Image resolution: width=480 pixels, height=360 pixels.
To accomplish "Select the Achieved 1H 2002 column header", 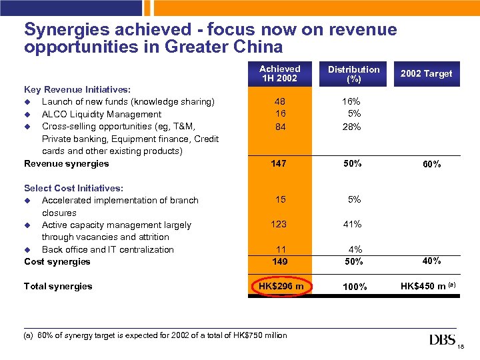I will pyautogui.click(x=280, y=73).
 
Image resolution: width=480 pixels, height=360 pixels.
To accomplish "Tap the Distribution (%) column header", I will pyautogui.click(x=353, y=74).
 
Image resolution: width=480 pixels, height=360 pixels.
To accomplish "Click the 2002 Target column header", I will pyautogui.click(x=426, y=74).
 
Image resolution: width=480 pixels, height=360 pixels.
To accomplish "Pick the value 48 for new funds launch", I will pyautogui.click(x=280, y=102).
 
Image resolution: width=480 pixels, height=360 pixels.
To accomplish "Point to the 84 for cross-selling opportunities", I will pyautogui.click(x=280, y=127).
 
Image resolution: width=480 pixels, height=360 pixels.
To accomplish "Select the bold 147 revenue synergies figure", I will pyautogui.click(x=280, y=163).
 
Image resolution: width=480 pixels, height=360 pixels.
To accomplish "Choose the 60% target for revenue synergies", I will pyautogui.click(x=431, y=164).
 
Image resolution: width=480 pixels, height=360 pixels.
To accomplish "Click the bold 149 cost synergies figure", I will pyautogui.click(x=280, y=261).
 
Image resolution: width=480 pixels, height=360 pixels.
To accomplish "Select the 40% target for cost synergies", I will pyautogui.click(x=431, y=261).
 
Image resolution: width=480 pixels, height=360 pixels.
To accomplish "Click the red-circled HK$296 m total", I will pyautogui.click(x=280, y=287).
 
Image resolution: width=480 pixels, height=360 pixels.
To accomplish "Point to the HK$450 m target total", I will pyautogui.click(x=424, y=287).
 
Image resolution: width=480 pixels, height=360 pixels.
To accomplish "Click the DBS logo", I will pyautogui.click(x=443, y=340).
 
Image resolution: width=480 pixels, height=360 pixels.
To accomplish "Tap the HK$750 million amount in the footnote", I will pyautogui.click(x=257, y=335).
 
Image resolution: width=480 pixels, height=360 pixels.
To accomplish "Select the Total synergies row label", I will pyautogui.click(x=58, y=287).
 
